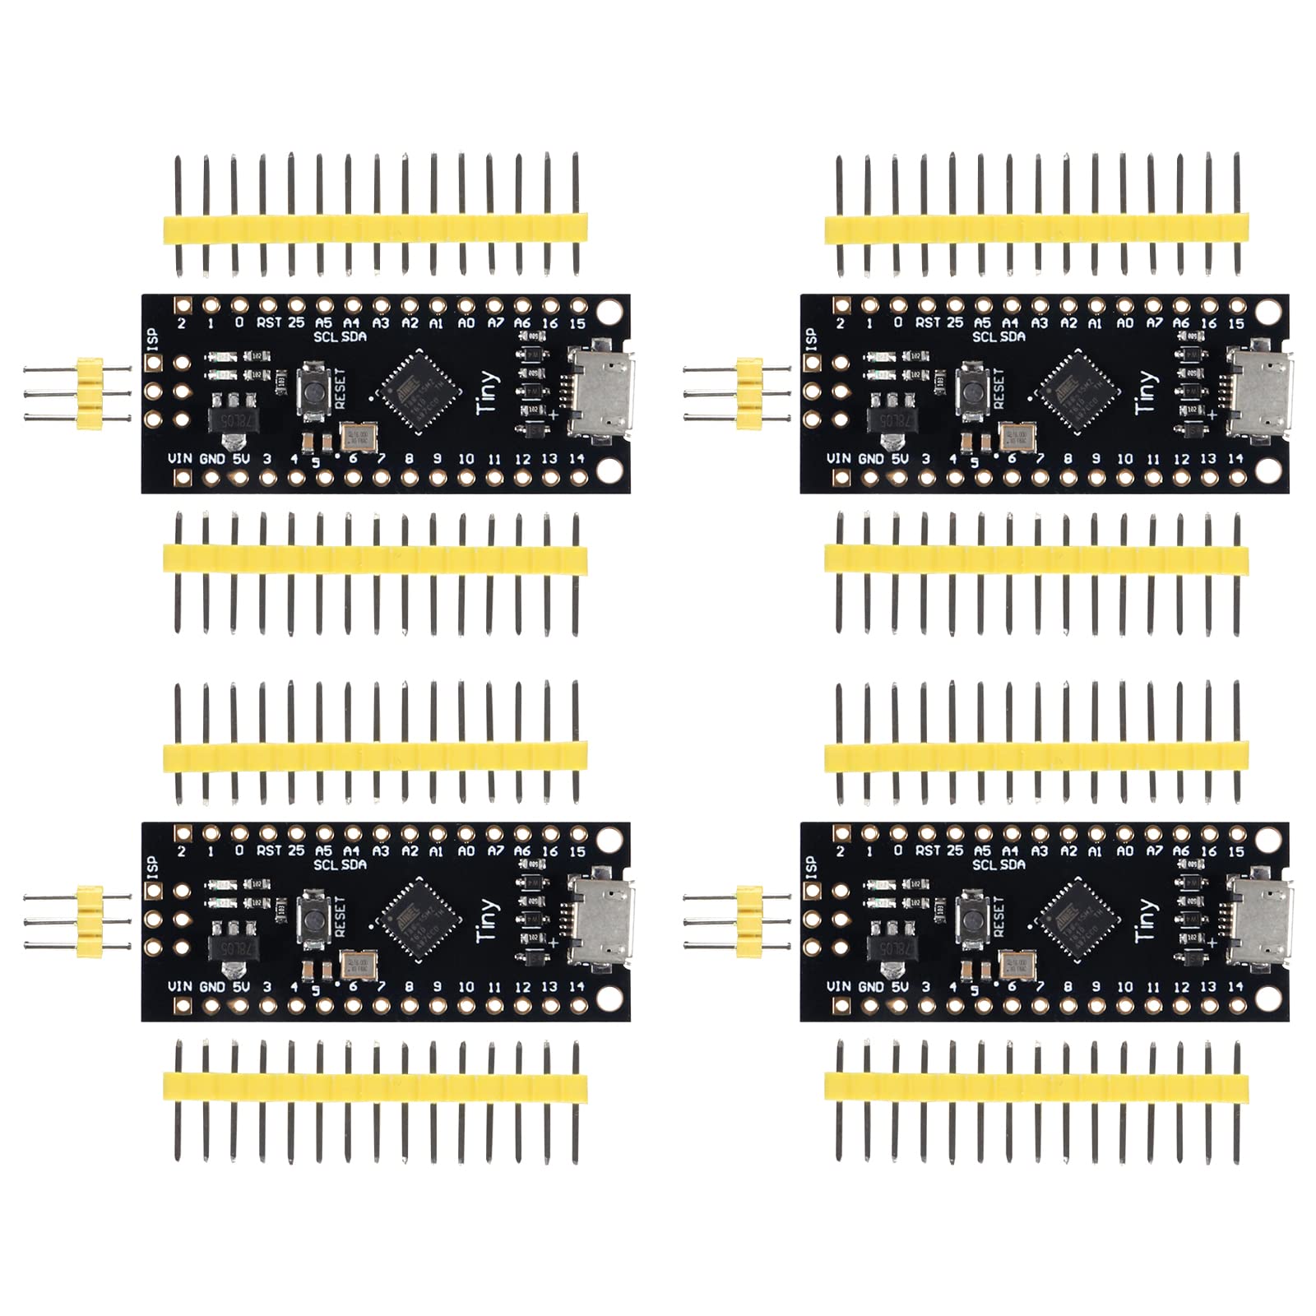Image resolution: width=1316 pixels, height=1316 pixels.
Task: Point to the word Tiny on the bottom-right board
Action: tap(1146, 920)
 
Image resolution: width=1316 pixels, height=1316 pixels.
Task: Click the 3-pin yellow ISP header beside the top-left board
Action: tap(89, 392)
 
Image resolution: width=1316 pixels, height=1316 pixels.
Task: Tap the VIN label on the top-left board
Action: tap(180, 458)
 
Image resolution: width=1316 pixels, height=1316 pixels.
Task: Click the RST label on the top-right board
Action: tap(927, 323)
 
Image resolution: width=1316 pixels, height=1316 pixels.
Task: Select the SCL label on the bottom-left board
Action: tap(325, 864)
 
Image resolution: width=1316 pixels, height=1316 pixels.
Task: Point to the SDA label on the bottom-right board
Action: tap(1012, 864)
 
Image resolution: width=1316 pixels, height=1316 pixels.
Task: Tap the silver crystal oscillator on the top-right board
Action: tap(1018, 436)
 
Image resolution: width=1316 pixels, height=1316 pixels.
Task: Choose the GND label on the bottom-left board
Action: tap(212, 986)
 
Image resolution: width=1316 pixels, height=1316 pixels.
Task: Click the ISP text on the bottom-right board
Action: tap(811, 865)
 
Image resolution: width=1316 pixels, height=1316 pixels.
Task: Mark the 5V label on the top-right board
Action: tap(899, 458)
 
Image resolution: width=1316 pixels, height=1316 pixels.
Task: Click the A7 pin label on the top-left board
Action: tap(494, 323)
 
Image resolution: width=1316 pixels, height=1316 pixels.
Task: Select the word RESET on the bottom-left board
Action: tap(341, 917)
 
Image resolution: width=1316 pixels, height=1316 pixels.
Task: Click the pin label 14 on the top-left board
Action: tap(577, 458)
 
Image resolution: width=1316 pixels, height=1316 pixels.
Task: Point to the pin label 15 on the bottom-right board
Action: tap(1236, 851)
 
